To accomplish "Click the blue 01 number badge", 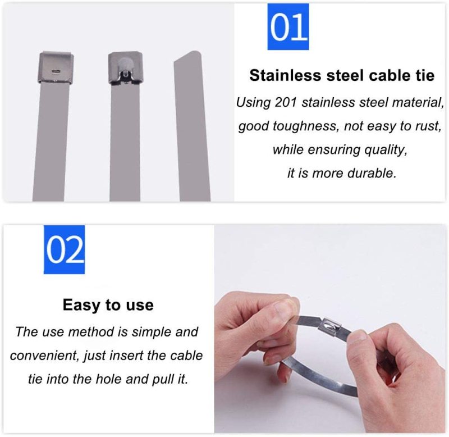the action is (288, 26).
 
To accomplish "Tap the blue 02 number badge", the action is (64, 249).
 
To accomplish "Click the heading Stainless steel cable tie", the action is (342, 75).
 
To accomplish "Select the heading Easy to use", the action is (108, 305).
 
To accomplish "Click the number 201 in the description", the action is (285, 102).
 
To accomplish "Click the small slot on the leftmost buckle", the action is (55, 70).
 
